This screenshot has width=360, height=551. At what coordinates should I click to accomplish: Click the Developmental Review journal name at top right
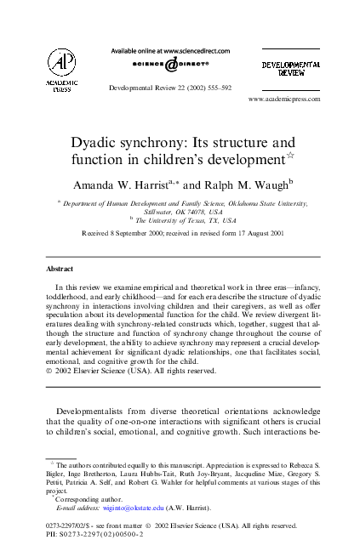[290, 67]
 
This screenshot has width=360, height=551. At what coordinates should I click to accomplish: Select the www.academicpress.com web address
[283, 99]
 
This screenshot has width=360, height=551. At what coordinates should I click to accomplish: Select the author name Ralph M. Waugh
[250, 181]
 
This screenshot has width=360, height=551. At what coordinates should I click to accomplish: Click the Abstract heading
[59, 269]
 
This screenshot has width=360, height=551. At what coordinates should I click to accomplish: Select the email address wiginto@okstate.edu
[138, 508]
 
